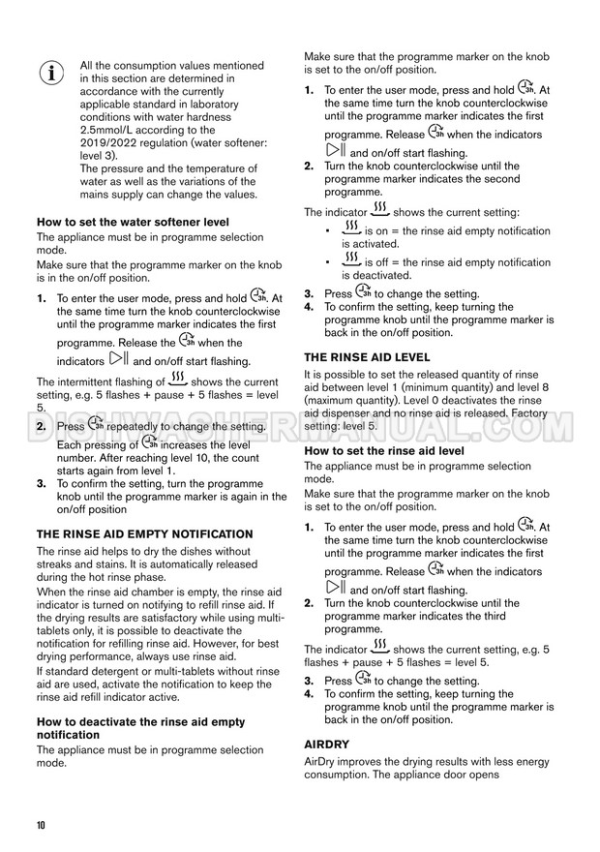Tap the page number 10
[x=40, y=825]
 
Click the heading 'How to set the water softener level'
[x=133, y=222]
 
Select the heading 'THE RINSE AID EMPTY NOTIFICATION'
[x=144, y=533]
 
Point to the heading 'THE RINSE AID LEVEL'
[x=367, y=356]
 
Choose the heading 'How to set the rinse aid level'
[x=384, y=451]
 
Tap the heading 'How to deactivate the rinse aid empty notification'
[x=140, y=728]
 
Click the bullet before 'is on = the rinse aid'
[x=329, y=232]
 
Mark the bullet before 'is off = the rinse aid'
[x=329, y=263]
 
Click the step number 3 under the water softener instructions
[x=42, y=483]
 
